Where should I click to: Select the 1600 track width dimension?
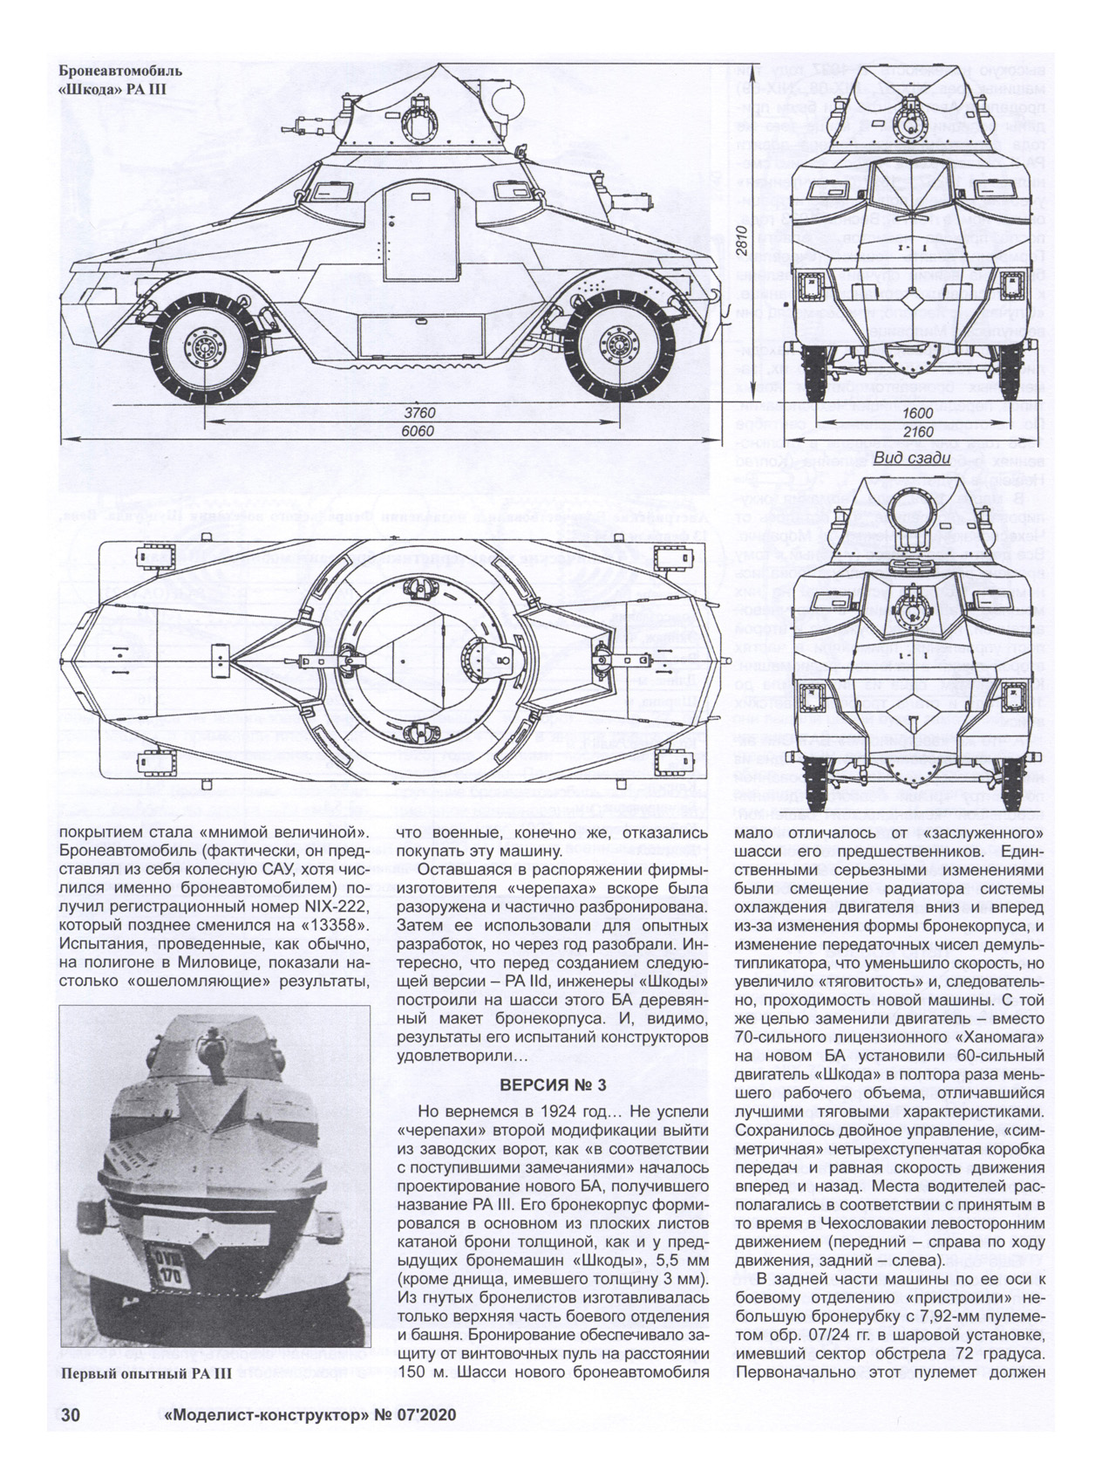(917, 413)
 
